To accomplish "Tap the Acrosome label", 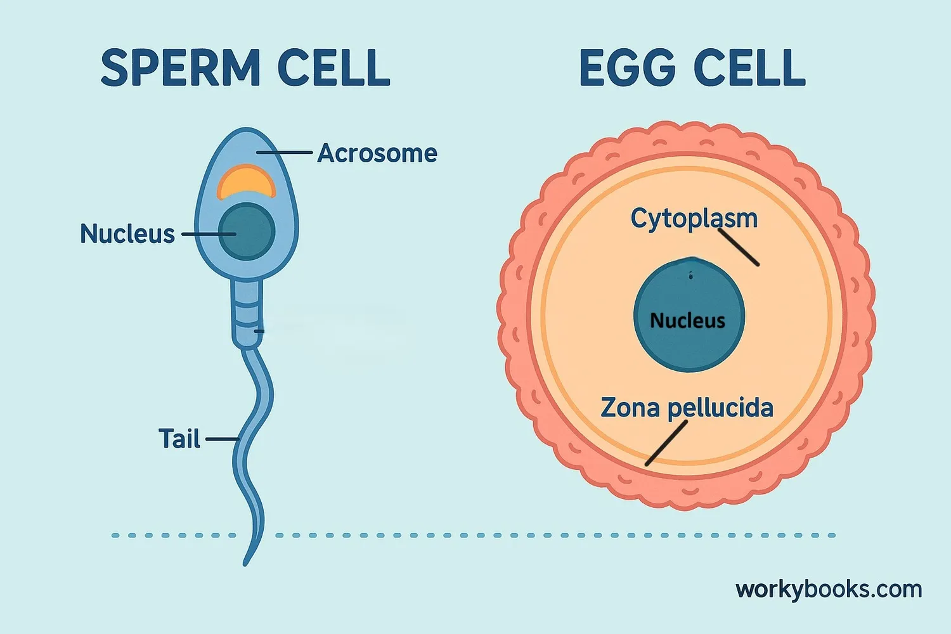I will pos(377,153).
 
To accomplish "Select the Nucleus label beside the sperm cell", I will pos(127,234).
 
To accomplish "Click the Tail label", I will pos(179,439).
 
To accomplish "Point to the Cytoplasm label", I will pos(694,218).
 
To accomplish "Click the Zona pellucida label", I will pos(687,408).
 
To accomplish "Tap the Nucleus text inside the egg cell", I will pos(687,321).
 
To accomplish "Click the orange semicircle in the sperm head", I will pos(246,182).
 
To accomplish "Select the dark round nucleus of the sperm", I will pos(247,231).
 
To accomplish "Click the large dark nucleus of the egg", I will pos(689,292).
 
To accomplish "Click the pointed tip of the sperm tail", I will pos(245,563).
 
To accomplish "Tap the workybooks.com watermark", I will pos(828,590).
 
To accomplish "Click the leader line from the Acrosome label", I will pos(285,153).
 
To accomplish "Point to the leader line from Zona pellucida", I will pos(666,443).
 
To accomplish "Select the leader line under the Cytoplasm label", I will pos(739,247).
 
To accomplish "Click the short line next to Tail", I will pos(221,439).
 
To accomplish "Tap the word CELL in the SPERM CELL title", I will pos(333,68).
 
